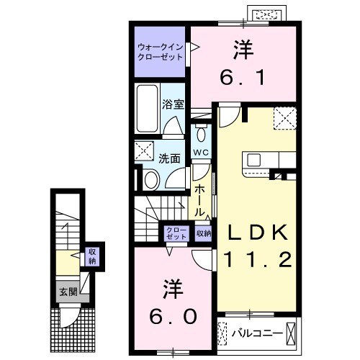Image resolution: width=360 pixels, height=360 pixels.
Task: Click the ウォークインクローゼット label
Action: click(x=159, y=53)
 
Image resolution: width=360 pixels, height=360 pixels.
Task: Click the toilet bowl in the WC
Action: click(x=200, y=135)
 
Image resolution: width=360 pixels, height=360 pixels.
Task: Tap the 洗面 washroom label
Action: click(x=169, y=158)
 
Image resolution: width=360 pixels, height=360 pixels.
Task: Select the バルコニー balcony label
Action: click(x=256, y=333)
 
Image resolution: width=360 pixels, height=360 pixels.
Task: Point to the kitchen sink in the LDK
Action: click(x=259, y=160)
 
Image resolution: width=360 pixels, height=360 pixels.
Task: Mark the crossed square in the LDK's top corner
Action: click(x=284, y=116)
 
